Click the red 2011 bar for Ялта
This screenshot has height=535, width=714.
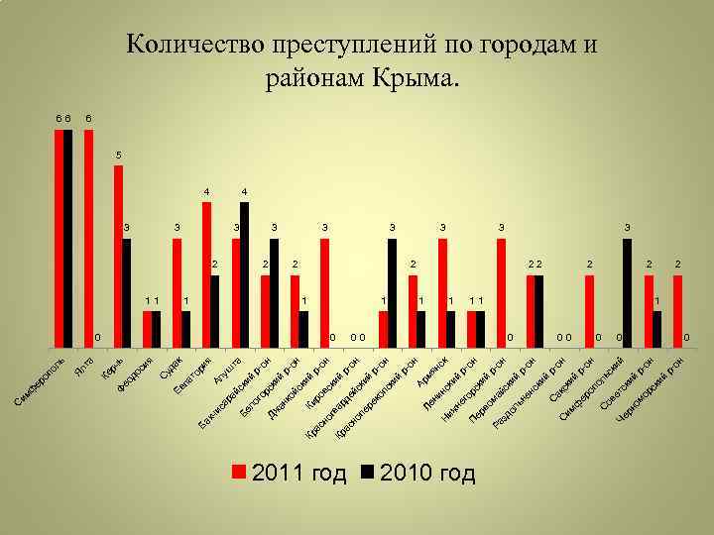pyautogui.click(x=89, y=239)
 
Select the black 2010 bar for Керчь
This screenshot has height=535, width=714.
pyautogui.click(x=127, y=293)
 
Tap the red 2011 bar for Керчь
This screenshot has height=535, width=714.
pyautogui.click(x=118, y=257)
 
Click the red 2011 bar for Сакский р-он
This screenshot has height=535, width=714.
pyautogui.click(x=589, y=311)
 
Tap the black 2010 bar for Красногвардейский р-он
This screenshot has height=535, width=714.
pyautogui.click(x=393, y=293)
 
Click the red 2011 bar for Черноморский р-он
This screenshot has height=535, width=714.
pyautogui.click(x=678, y=311)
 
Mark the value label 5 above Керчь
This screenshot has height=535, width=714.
pyautogui.click(x=119, y=156)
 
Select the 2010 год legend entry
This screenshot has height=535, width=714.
pyautogui.click(x=417, y=473)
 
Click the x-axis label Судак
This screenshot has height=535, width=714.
pyautogui.click(x=172, y=372)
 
